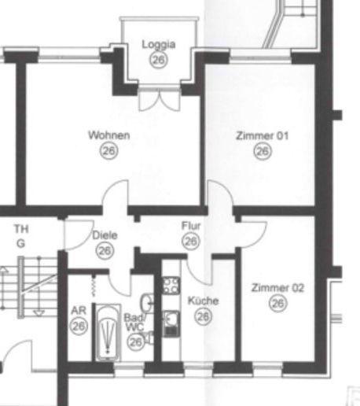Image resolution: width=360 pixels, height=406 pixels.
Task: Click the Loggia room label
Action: pos(159,45)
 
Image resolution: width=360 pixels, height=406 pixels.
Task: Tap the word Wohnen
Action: pos(109,135)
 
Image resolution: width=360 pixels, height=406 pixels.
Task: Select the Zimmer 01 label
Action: pos(263,135)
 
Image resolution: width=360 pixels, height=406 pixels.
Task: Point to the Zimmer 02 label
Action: pos(277,288)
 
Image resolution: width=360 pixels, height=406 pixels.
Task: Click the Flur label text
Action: pos(191,227)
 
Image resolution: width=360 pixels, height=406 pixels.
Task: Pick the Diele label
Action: pos(105,235)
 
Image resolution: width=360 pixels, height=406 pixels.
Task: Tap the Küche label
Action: pos(203,301)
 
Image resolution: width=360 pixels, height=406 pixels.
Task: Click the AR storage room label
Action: pos(78,310)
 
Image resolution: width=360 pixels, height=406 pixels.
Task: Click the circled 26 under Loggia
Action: pos(159,60)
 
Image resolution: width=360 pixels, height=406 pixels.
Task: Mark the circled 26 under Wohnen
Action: pos(109,151)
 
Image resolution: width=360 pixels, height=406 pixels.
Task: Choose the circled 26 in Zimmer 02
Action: pos(277,304)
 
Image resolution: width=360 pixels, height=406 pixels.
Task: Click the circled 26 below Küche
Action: pos(203,316)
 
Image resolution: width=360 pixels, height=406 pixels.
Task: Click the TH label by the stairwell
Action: pos(21,228)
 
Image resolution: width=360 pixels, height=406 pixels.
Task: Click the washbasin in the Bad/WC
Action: pos(147,302)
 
